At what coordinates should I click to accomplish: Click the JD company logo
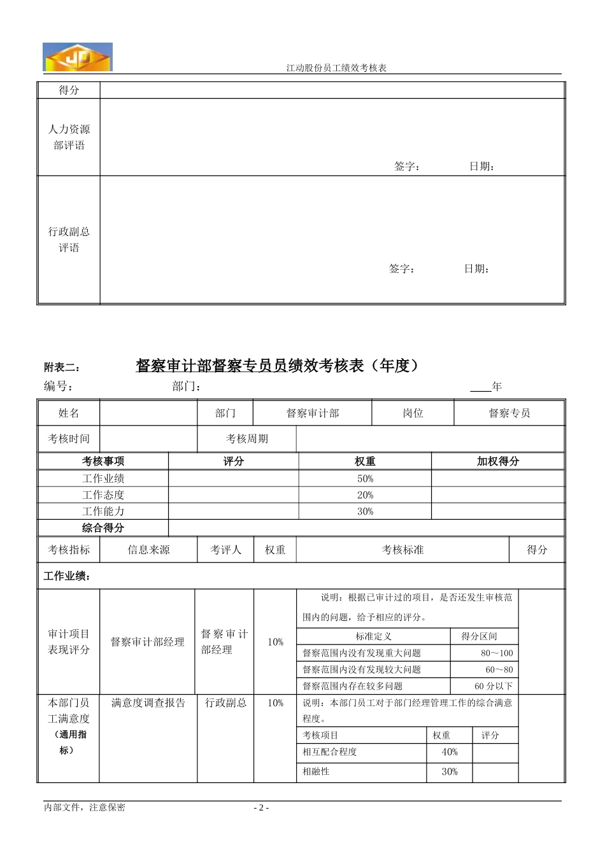pos(78,57)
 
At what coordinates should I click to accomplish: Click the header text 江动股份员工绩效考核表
pos(337,68)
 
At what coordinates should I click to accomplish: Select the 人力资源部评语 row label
pos(69,137)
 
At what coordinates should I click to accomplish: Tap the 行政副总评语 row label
pos(69,240)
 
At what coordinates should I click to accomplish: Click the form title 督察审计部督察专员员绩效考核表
pos(278,366)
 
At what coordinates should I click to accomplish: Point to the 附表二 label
pos(62,368)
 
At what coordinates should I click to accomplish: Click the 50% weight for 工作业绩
pos(365,478)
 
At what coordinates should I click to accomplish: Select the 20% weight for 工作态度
pos(365,495)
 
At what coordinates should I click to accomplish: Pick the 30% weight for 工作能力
pos(365,511)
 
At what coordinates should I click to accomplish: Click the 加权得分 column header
pos(498,461)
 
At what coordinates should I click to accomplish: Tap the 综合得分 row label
pos(103,528)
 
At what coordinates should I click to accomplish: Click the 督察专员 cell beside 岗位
pos(509,414)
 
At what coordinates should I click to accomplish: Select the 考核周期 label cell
pos(247,439)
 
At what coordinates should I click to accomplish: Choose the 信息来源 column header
pos(148,550)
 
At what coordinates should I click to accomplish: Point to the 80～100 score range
pos(497,653)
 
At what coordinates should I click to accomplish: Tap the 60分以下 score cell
pos(494,686)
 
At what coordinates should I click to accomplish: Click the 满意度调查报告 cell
pos(148,703)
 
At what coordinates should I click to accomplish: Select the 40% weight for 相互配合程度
pos(450,752)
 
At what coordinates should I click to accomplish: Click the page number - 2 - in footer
pos(261,808)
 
